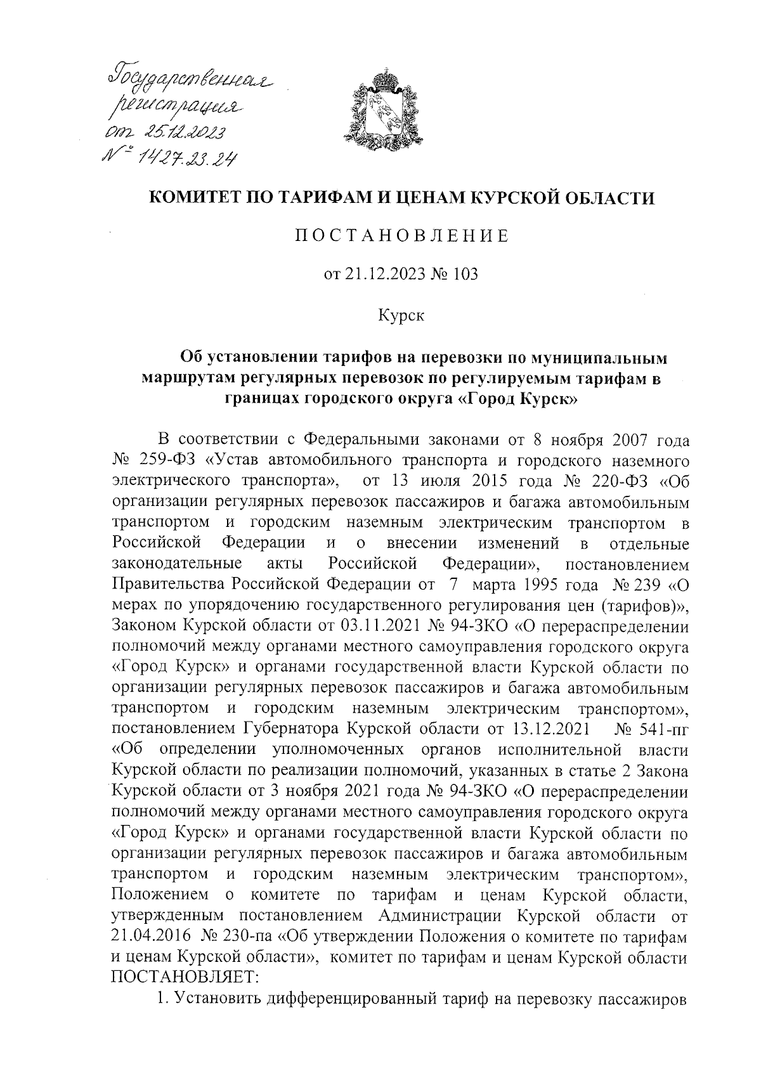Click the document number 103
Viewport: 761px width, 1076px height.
pyautogui.click(x=465, y=275)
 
